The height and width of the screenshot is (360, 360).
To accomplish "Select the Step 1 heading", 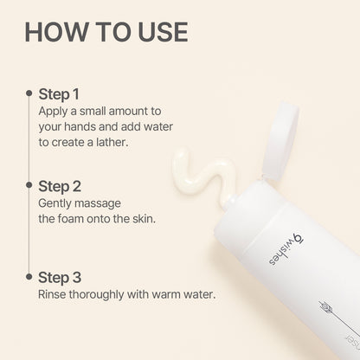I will [x=58, y=93].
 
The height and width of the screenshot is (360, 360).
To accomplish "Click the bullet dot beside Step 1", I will [x=31, y=93].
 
